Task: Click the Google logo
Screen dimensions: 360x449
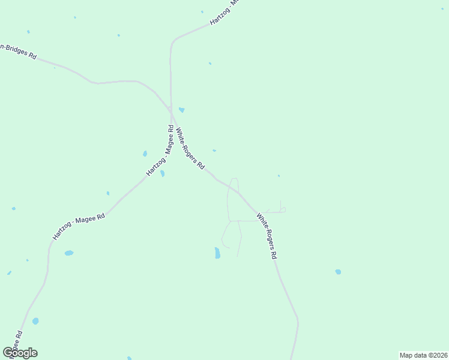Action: (20, 353)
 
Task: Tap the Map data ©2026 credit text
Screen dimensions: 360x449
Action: (423, 355)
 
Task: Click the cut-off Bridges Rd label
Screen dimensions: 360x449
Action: (19, 52)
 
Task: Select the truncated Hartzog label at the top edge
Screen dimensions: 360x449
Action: (224, 13)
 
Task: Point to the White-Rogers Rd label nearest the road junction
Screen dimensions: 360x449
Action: (190, 146)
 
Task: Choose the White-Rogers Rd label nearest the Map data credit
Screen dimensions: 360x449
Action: (266, 236)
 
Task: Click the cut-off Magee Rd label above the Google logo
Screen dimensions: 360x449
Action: (19, 341)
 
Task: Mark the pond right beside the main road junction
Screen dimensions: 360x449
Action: (181, 110)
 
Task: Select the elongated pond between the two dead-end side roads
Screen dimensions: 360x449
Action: (217, 253)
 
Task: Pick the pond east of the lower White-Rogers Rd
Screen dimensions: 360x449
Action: (338, 272)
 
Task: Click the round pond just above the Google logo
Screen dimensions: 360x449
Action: (35, 321)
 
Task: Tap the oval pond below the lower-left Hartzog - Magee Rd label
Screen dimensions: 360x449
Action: (69, 253)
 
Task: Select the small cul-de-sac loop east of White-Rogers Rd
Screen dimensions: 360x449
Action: (282, 209)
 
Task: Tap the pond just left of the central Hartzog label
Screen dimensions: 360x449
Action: (145, 154)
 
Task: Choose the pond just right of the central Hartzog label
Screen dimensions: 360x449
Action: (162, 173)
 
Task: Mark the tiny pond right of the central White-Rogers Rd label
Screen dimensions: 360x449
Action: (214, 151)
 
